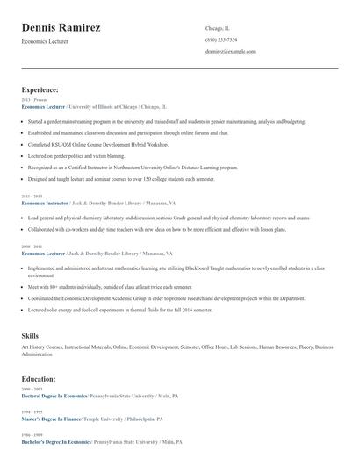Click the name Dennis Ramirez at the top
pyautogui.click(x=61, y=28)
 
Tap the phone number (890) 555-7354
pyautogui.click(x=221, y=39)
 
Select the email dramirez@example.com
pyautogui.click(x=230, y=52)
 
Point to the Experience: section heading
pyautogui.click(x=40, y=89)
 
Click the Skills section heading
pyautogui.click(x=30, y=336)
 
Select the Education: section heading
pyautogui.click(x=39, y=379)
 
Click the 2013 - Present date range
pyautogui.click(x=32, y=100)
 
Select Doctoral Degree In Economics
pyautogui.click(x=54, y=396)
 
